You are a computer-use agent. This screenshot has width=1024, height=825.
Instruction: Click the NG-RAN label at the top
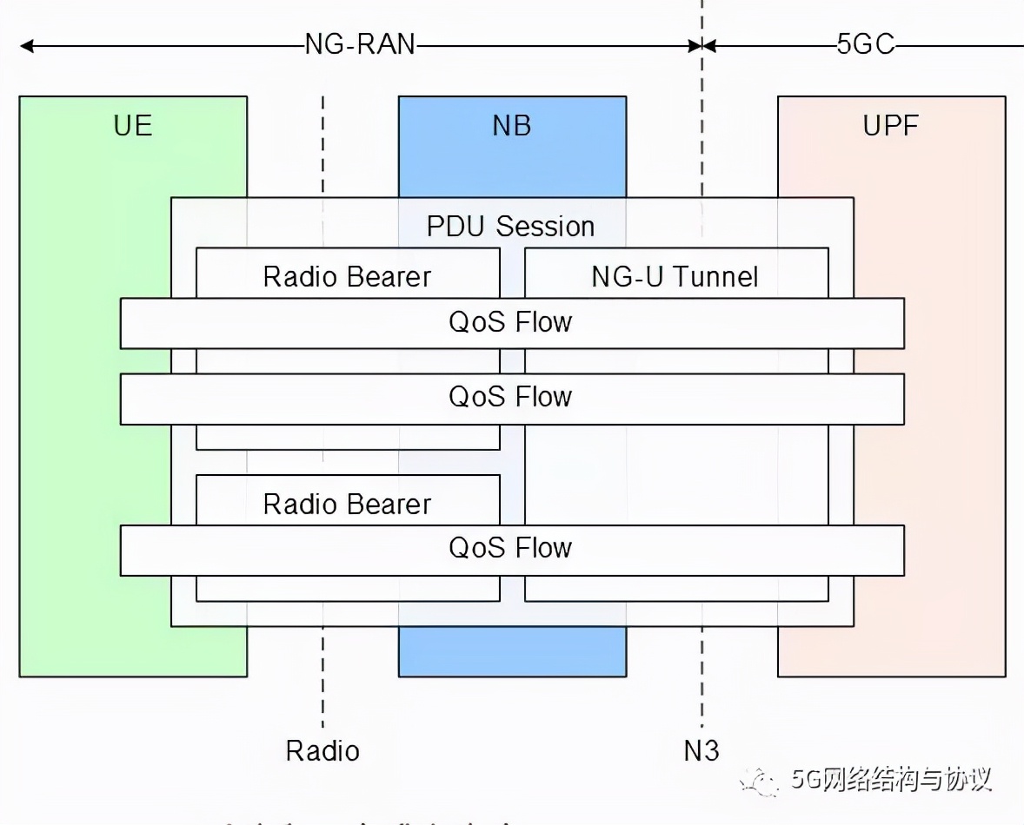360,45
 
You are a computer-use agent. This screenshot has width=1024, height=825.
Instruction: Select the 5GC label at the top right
865,45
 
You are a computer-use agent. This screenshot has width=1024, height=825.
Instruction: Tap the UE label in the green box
133,126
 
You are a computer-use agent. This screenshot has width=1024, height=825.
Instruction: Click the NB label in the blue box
512,126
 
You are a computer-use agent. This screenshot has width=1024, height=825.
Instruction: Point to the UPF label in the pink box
891,126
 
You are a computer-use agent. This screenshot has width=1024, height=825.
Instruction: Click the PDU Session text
511,227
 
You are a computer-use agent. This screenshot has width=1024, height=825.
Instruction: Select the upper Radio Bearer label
347,277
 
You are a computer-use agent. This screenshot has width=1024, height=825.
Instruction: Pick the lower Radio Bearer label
347,505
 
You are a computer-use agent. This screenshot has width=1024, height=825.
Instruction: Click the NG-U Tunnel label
675,277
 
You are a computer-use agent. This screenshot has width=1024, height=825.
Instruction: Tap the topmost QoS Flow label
511,322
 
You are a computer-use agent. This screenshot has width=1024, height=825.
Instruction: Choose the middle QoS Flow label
511,397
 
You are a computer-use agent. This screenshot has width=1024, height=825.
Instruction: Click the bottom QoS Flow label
511,548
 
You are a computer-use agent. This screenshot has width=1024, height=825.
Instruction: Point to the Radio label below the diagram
322,749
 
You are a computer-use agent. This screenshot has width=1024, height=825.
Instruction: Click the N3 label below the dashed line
702,749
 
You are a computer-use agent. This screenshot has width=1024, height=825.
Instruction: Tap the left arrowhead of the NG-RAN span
26,45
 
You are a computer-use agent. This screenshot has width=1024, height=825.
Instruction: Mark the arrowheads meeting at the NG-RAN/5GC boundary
702,45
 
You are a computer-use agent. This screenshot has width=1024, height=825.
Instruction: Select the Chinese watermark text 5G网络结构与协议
891,779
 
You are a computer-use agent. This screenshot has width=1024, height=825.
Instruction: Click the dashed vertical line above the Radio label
322,686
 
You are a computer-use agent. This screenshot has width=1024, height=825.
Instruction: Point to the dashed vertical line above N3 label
702,686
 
